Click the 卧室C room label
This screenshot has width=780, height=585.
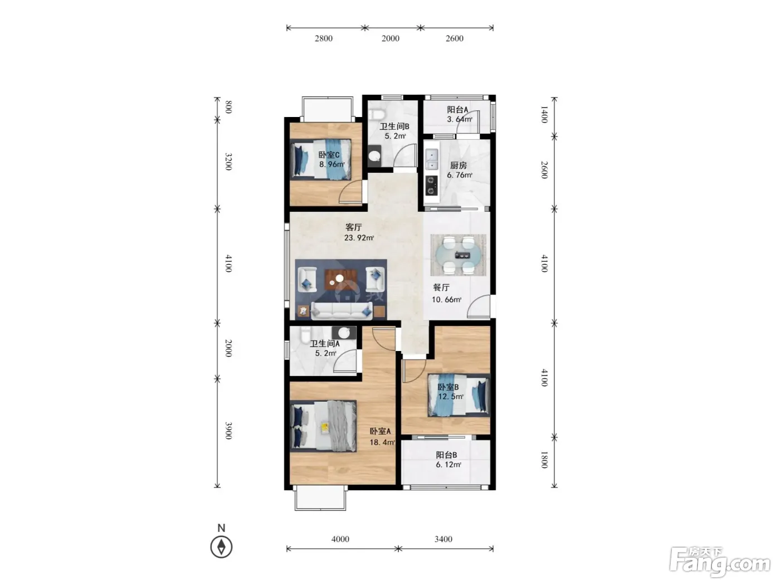click(x=329, y=155)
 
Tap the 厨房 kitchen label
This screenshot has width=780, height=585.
click(x=458, y=165)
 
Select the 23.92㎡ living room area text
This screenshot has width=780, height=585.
click(x=359, y=238)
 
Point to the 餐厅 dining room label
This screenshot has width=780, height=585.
click(x=441, y=287)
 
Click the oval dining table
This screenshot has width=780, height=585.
click(x=458, y=255)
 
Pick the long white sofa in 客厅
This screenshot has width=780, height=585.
click(x=342, y=311)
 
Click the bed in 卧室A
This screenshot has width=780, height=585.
click(x=323, y=426)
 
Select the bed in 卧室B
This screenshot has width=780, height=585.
click(x=459, y=395)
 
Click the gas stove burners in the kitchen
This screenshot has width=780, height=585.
click(x=431, y=186)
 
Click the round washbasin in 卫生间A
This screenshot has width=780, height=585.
click(x=344, y=333)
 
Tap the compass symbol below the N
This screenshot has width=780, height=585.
click(x=221, y=547)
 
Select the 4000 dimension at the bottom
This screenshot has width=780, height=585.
click(x=340, y=539)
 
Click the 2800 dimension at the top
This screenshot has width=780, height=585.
click(x=323, y=38)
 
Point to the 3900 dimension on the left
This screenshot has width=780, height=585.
click(x=229, y=431)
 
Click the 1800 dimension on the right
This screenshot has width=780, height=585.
click(x=544, y=460)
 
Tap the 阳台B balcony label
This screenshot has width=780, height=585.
click(x=446, y=455)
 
